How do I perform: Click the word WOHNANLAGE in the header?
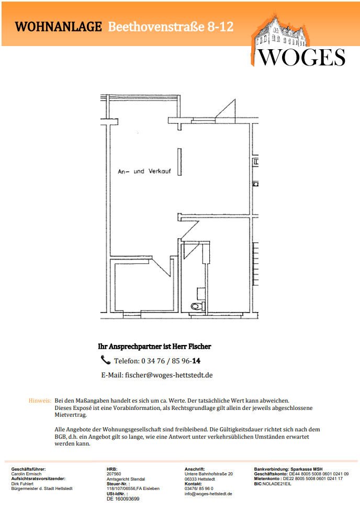point(59,27)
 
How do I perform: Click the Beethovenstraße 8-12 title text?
point(171,27)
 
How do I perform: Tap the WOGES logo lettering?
point(302,58)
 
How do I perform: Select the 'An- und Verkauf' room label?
point(144,171)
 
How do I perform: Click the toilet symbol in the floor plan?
point(197,306)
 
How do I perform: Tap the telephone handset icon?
point(105,360)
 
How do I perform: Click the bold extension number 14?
point(196,361)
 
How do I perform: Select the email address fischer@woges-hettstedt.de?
point(168,375)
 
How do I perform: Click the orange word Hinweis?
point(40,400)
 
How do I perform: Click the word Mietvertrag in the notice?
point(71,415)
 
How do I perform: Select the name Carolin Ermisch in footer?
point(27,474)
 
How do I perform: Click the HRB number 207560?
point(114,474)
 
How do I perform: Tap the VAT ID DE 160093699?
point(123,499)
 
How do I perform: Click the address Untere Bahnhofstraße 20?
point(209,474)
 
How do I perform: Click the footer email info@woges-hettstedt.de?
point(208,494)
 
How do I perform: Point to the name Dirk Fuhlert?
point(22,484)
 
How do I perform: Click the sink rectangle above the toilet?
point(201,294)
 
